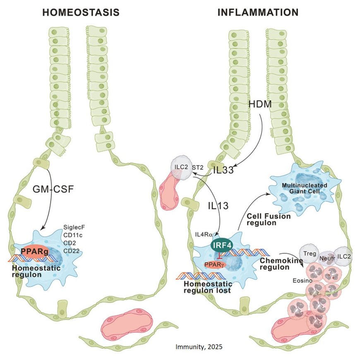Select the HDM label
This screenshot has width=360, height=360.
click(260, 104)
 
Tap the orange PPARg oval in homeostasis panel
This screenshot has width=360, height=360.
click(31, 251)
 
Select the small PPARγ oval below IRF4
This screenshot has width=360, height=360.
click(215, 263)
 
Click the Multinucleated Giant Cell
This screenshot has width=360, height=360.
click(305, 188)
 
